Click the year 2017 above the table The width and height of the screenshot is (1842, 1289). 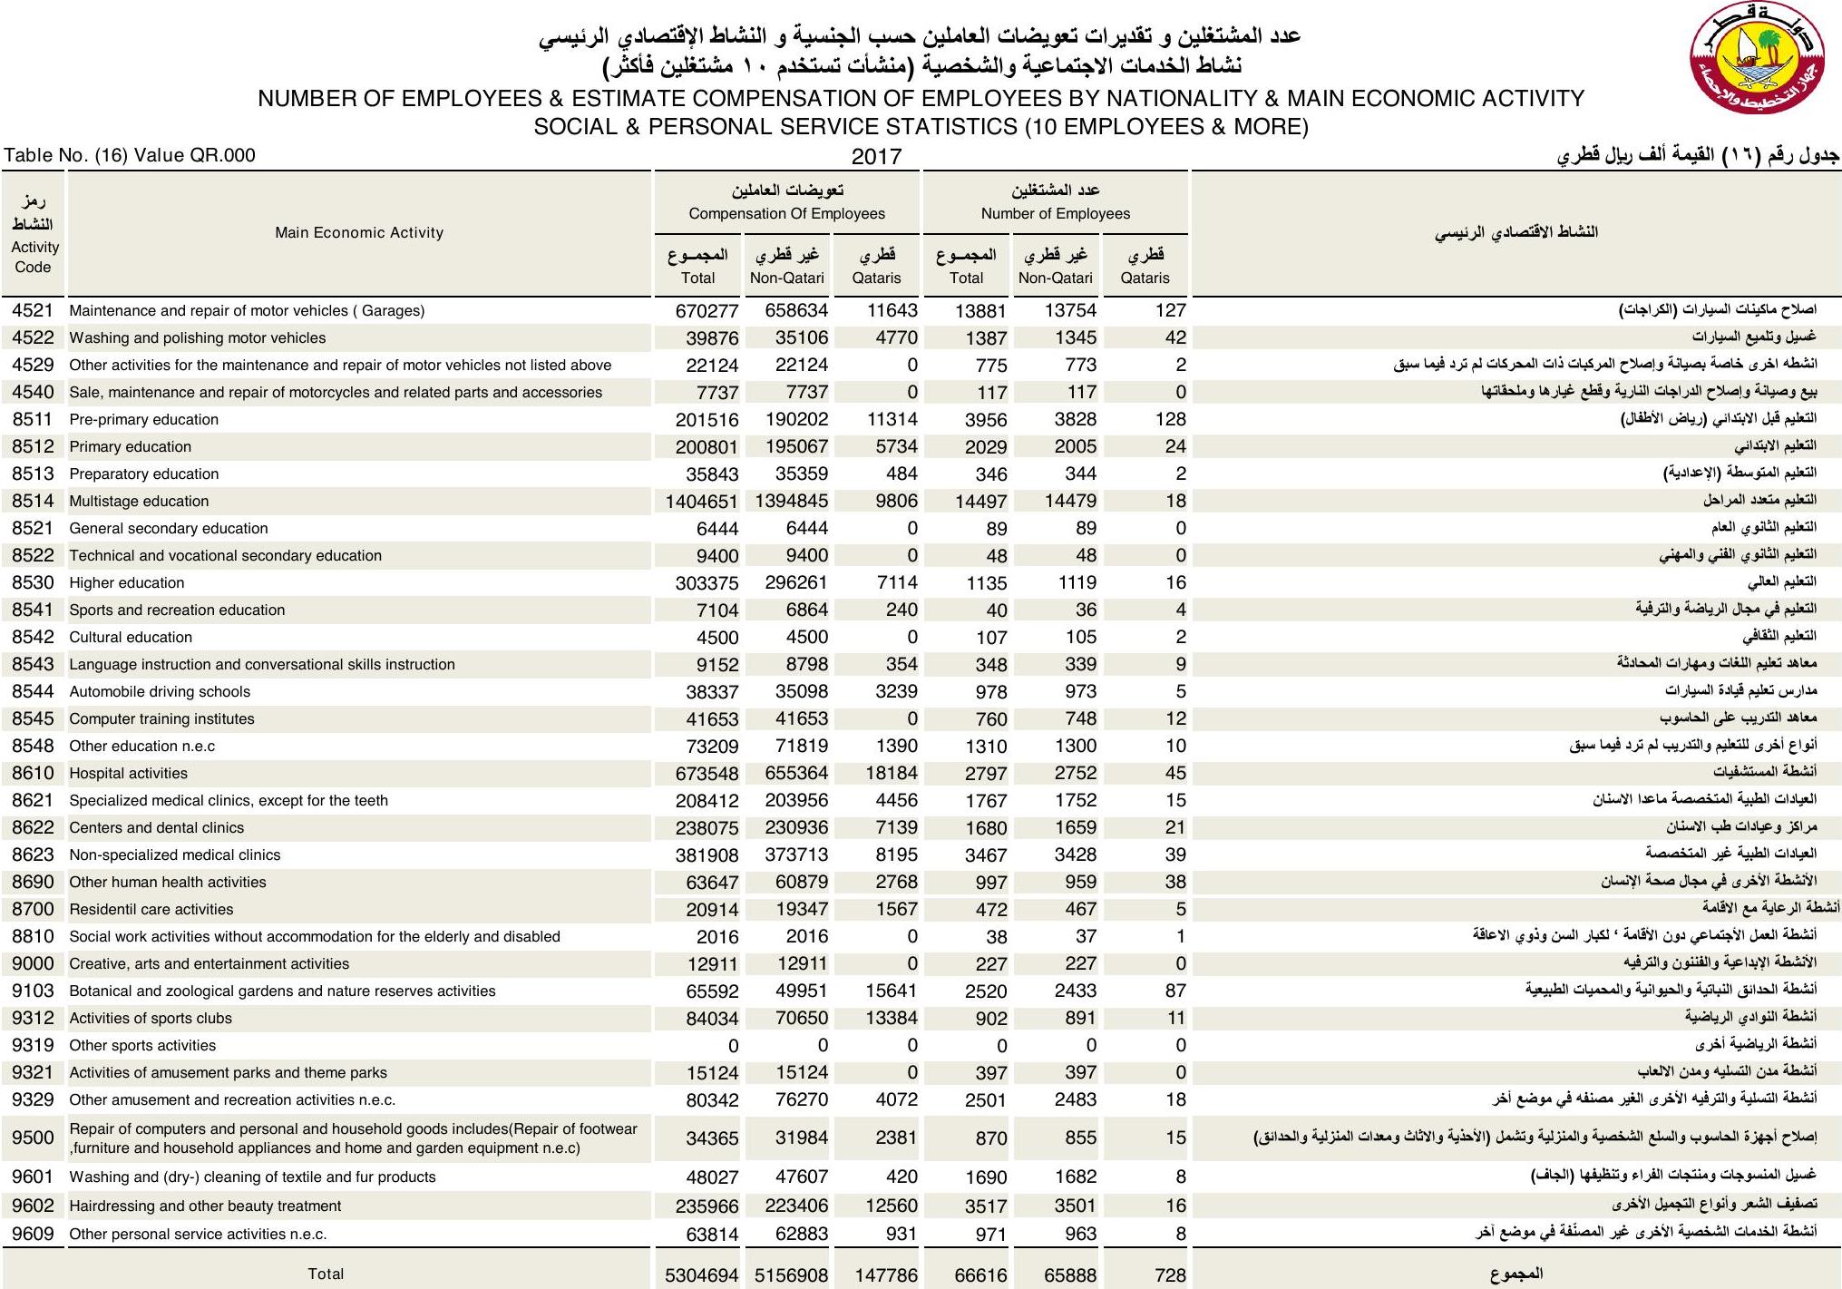[x=876, y=157]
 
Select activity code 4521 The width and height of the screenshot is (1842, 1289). [x=33, y=310]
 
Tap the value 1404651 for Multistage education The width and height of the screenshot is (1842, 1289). [x=701, y=502]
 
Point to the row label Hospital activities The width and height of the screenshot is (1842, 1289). [x=129, y=774]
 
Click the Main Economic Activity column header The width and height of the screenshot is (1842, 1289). [x=359, y=233]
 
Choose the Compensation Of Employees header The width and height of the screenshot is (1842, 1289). [x=786, y=214]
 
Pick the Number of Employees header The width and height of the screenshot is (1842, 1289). [x=1055, y=214]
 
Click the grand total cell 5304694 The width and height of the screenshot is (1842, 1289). [x=701, y=1275]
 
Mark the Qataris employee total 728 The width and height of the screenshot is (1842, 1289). [x=1170, y=1275]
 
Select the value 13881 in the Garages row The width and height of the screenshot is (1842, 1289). [x=980, y=311]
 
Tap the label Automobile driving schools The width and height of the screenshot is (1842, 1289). [x=160, y=692]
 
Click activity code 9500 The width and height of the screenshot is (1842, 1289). [x=33, y=1138]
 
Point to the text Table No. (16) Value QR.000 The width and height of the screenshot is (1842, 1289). [x=130, y=156]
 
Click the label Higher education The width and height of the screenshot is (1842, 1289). [x=127, y=583]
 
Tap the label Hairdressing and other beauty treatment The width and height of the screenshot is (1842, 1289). [x=205, y=1206]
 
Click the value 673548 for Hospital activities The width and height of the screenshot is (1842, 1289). [x=707, y=774]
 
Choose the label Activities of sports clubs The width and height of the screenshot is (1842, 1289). [x=151, y=1019]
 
